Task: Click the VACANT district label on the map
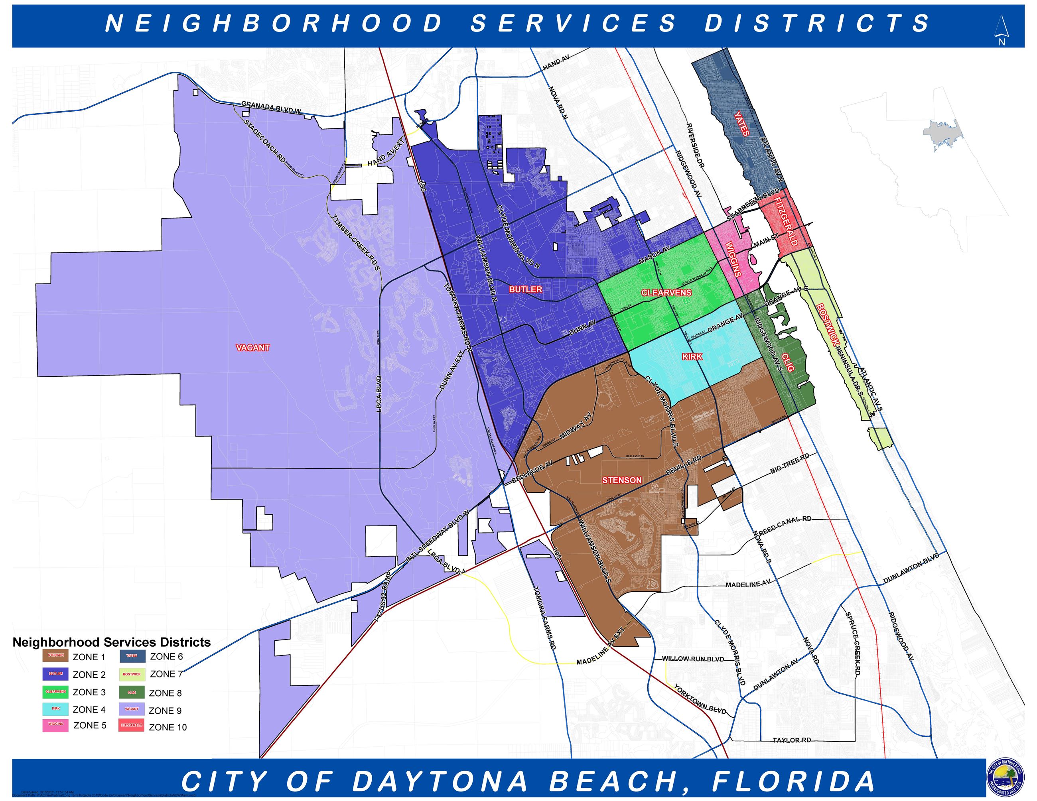pos(252,347)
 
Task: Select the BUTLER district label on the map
pos(525,289)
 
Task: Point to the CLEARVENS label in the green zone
pos(666,292)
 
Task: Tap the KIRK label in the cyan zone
pos(692,356)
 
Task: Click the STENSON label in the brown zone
pos(621,480)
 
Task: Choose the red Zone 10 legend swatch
pos(132,726)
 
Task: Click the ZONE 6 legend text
pos(166,656)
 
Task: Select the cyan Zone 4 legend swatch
pos(55,709)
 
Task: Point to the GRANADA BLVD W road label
pos(271,107)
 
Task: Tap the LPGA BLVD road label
pos(379,394)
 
